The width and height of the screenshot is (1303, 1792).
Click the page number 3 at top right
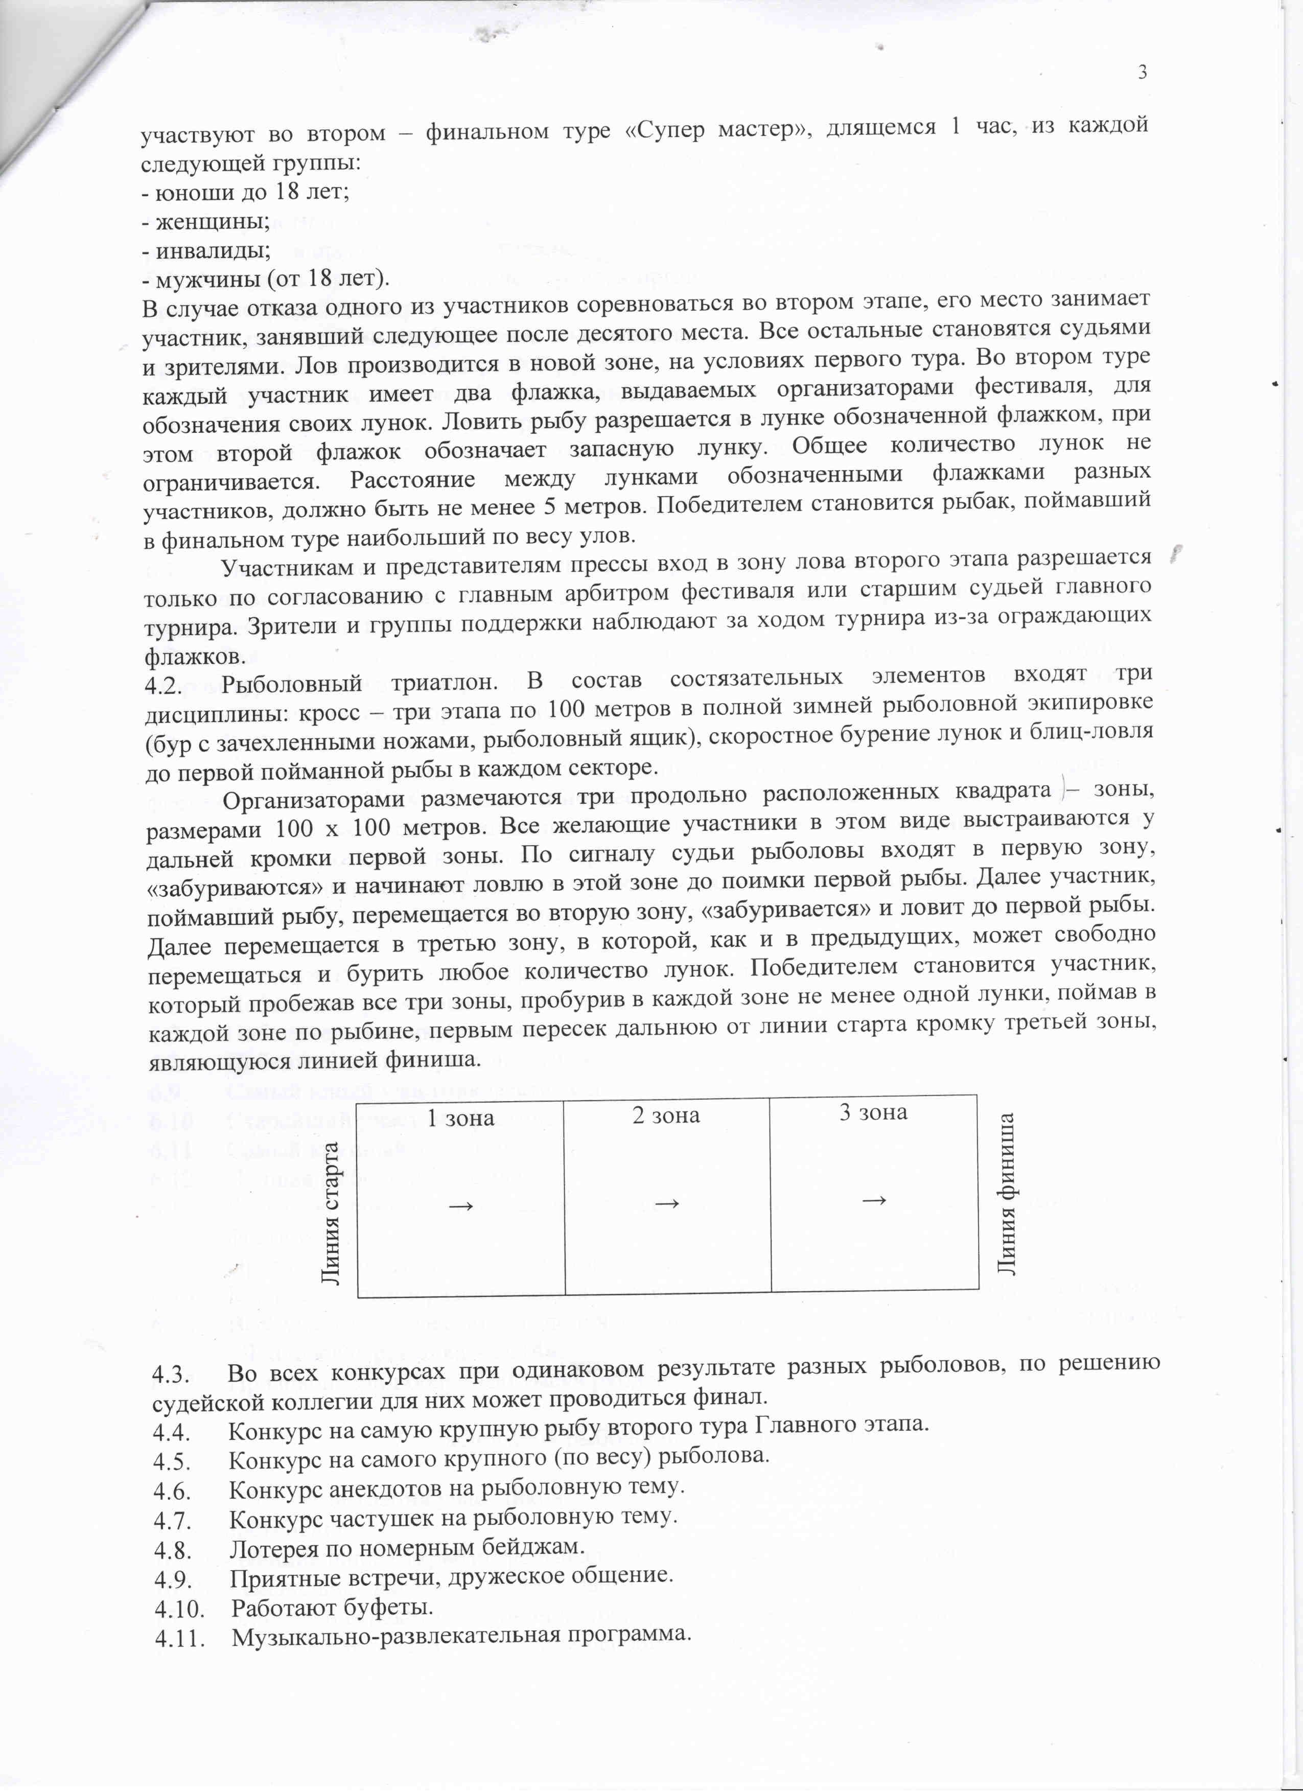point(1142,73)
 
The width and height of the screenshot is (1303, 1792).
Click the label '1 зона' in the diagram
point(461,1118)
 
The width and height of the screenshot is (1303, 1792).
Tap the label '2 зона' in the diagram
point(666,1115)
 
